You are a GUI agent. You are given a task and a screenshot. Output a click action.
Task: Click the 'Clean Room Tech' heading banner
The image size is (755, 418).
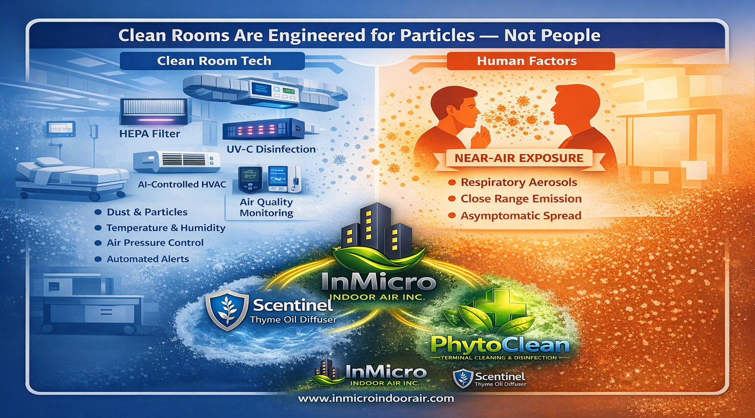pyautogui.click(x=212, y=61)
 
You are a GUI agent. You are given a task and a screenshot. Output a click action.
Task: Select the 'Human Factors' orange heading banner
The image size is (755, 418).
pyautogui.click(x=530, y=61)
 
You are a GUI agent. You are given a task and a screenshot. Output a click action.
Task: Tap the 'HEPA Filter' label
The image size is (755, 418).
pyautogui.click(x=149, y=134)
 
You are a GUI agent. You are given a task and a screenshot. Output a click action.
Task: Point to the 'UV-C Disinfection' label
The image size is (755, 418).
pyautogui.click(x=271, y=149)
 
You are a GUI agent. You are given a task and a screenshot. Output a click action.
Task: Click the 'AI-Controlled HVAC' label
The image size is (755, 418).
pyautogui.click(x=182, y=184)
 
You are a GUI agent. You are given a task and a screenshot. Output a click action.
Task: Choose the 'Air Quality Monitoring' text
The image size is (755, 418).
pyautogui.click(x=266, y=208)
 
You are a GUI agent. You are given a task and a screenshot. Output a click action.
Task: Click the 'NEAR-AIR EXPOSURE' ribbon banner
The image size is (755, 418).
pyautogui.click(x=519, y=158)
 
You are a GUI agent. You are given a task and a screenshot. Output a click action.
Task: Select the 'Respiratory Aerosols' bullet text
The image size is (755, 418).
pyautogui.click(x=519, y=182)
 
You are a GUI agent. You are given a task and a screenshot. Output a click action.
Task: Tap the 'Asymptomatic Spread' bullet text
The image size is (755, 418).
pyautogui.click(x=521, y=216)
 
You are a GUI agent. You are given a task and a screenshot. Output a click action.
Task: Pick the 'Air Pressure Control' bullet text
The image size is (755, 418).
pyautogui.click(x=155, y=243)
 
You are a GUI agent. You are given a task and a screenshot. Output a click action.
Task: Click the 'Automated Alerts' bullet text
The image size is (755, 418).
pyautogui.click(x=147, y=259)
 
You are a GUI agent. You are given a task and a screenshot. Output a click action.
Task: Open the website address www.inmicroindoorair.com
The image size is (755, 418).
pyautogui.click(x=376, y=398)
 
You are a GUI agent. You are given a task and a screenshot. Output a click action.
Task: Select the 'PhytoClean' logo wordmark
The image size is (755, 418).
pyautogui.click(x=500, y=345)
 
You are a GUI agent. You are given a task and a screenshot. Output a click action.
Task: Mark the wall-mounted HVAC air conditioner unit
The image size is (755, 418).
pyautogui.click(x=176, y=161)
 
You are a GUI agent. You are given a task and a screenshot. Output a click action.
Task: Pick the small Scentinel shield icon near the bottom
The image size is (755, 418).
pyautogui.click(x=463, y=379)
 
